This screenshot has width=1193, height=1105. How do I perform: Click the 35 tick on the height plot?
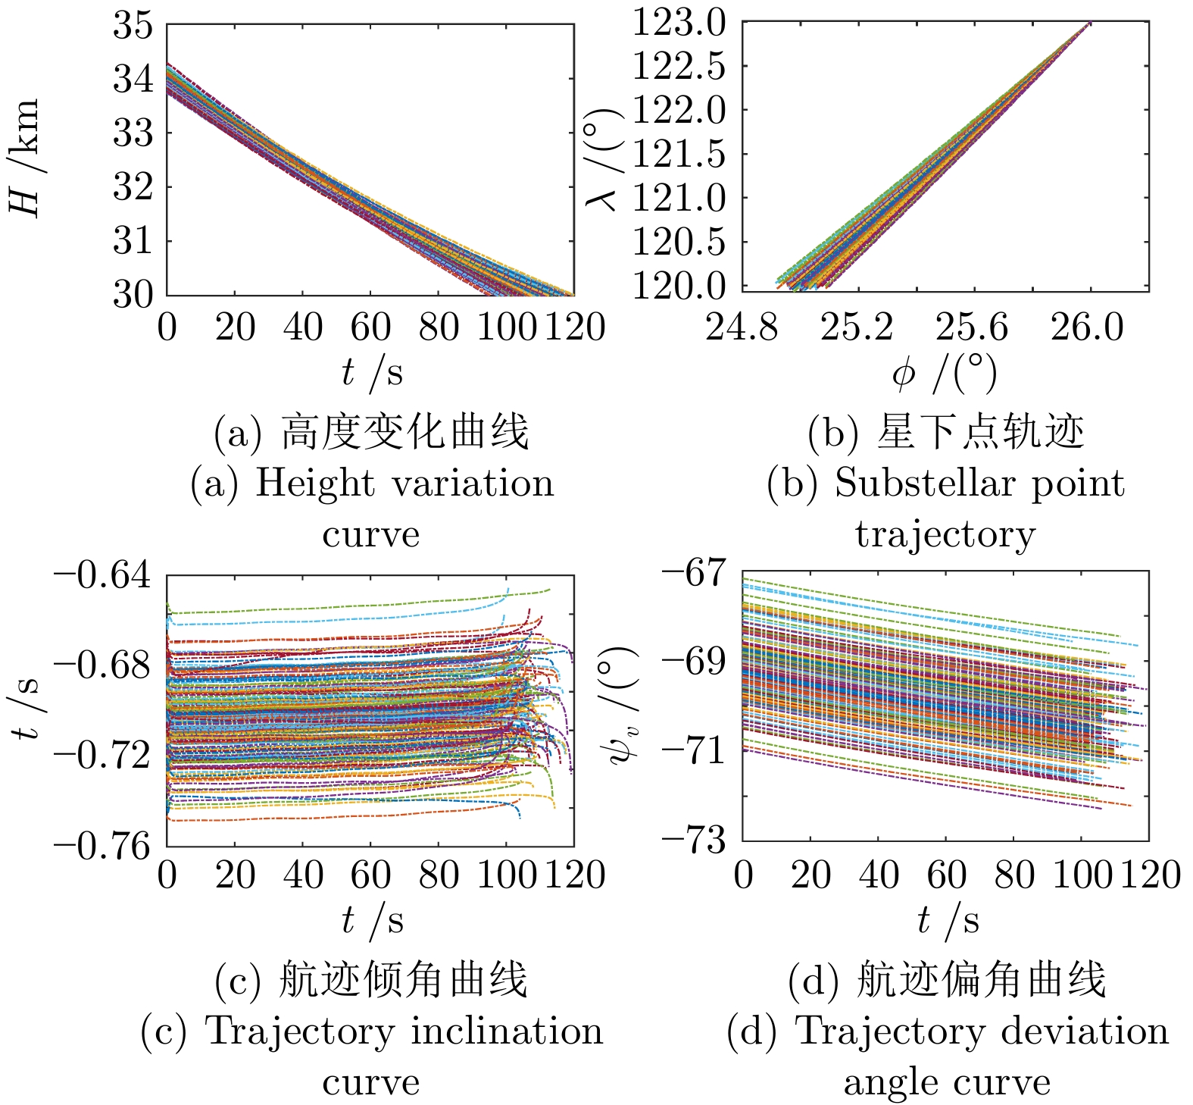click(133, 25)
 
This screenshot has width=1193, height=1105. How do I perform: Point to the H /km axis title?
click(24, 158)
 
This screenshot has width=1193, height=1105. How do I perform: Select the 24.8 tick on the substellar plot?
click(742, 327)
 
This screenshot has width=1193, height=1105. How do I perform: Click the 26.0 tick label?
click(1088, 327)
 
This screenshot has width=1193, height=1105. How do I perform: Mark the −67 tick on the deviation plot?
click(693, 571)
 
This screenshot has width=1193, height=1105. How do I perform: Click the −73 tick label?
click(693, 840)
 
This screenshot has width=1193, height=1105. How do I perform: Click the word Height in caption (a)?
click(314, 484)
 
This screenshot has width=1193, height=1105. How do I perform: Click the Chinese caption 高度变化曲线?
click(405, 433)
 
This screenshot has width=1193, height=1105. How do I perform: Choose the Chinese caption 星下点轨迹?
click(981, 433)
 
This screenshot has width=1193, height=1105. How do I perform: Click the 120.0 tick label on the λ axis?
click(679, 286)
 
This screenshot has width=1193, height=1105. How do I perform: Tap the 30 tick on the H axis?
click(133, 295)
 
